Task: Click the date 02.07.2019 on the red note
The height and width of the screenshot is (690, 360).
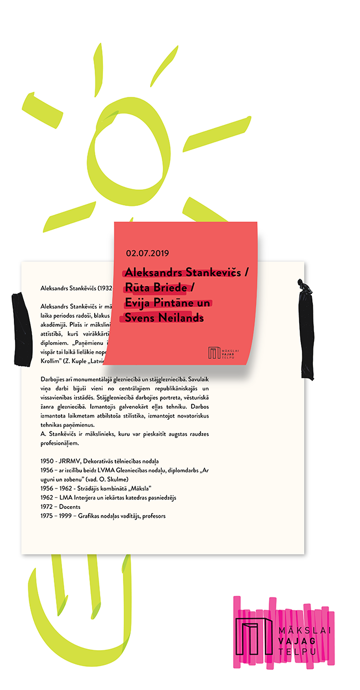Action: click(x=147, y=254)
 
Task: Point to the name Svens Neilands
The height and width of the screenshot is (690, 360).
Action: click(x=165, y=318)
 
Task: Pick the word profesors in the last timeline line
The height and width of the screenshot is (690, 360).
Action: click(x=151, y=516)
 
